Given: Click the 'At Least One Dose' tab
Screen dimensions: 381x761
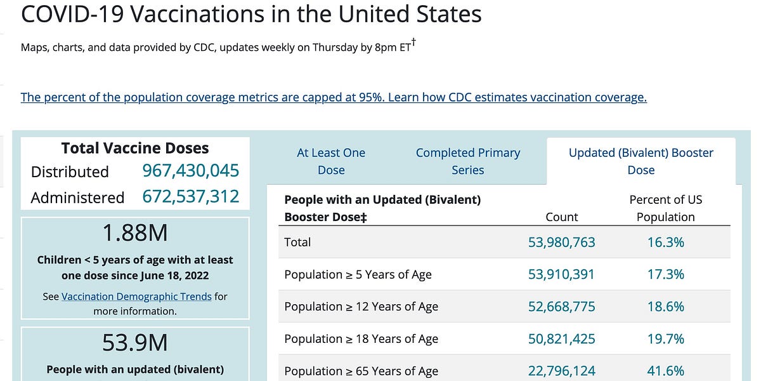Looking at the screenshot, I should pos(331,161).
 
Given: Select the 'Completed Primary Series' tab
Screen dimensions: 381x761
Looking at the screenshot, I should pos(467,161).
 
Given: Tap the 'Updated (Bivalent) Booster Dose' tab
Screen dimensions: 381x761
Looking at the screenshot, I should pos(641,161).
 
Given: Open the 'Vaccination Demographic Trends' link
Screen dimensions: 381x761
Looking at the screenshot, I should pos(136,297).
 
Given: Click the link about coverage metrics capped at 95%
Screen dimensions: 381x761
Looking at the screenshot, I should pos(334,97).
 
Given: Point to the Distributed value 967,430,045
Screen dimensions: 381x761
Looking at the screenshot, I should pos(190,171).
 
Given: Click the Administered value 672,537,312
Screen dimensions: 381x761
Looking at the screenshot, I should pos(190,197).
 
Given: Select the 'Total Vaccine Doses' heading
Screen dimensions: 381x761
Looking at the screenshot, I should pos(135,148).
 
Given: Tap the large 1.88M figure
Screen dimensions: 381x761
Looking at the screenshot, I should pos(135,234).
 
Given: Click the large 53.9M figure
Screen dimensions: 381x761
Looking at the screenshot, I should pos(135,343).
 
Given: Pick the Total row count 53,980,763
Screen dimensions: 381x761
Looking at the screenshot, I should pos(561,242).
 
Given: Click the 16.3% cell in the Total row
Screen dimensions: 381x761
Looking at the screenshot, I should pos(665,242).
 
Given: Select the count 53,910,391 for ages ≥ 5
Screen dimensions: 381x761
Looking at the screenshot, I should pos(561,274).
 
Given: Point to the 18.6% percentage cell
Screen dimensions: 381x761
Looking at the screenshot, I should pos(665,307).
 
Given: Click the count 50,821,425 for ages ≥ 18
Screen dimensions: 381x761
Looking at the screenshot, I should pos(561,339).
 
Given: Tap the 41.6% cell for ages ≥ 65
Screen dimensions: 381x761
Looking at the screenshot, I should pos(665,371).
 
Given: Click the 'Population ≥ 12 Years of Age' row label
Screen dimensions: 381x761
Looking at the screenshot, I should pos(361,307).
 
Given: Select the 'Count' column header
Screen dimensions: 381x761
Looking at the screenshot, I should pos(561,217).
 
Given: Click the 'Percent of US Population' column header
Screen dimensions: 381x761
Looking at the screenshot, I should pos(665,208).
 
